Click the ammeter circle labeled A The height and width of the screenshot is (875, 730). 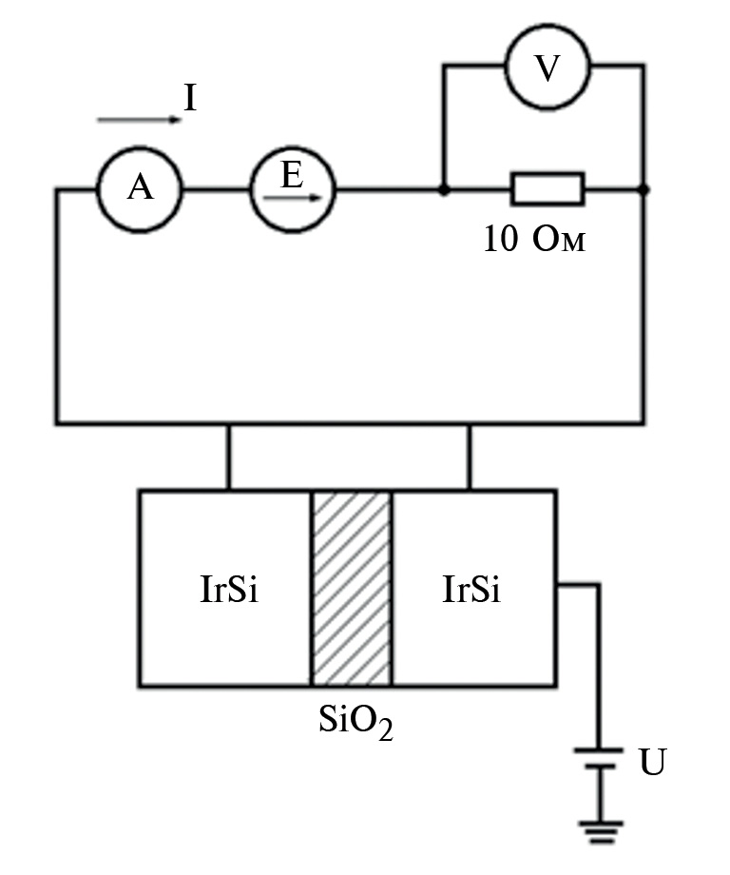(x=139, y=190)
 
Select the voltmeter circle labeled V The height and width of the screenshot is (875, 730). (x=547, y=68)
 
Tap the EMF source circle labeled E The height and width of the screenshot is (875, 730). (x=293, y=189)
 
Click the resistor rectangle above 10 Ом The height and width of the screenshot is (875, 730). (x=547, y=189)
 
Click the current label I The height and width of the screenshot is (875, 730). (x=190, y=98)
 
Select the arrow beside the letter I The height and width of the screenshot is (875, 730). (x=138, y=120)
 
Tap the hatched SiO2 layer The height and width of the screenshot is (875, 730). (x=351, y=588)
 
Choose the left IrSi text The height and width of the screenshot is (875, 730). (x=229, y=590)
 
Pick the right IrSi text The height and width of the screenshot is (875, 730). (x=471, y=590)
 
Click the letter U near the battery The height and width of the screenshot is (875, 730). (x=652, y=763)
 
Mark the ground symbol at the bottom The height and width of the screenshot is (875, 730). (x=600, y=832)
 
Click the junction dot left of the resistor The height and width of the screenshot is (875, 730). (x=443, y=190)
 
